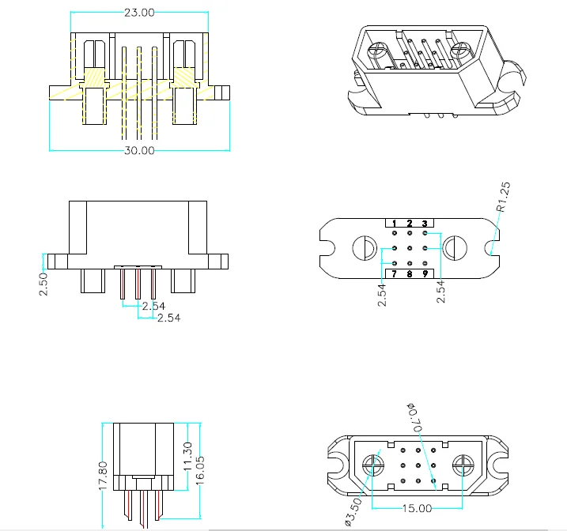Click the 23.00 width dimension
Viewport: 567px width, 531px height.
point(139,13)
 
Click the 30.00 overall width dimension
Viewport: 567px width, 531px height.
point(139,150)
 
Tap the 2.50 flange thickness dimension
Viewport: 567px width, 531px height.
point(43,284)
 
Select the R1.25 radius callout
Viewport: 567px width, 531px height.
point(503,197)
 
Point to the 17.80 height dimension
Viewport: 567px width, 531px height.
point(103,476)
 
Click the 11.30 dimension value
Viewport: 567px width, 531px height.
point(187,457)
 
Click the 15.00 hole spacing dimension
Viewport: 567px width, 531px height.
point(417,508)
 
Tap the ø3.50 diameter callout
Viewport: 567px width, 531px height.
point(353,511)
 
